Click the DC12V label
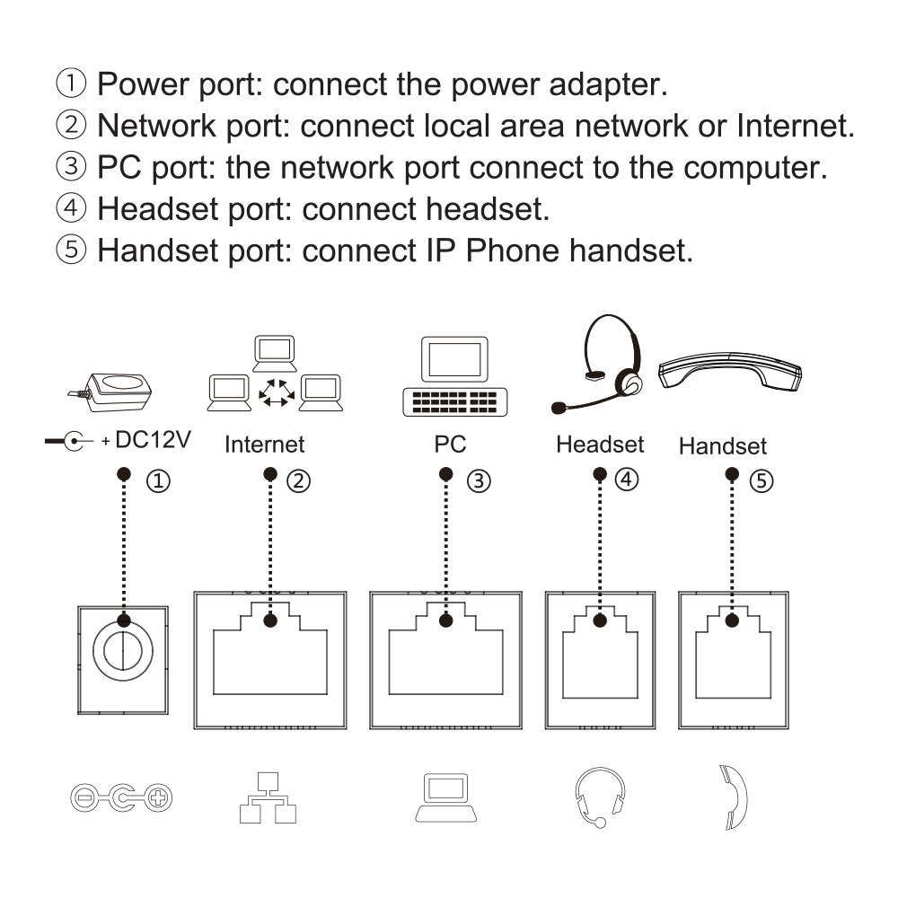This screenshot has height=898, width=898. click(x=153, y=440)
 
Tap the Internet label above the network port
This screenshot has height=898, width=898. click(x=265, y=445)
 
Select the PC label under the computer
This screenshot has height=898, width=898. click(x=450, y=445)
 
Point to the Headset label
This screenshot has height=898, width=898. click(x=600, y=445)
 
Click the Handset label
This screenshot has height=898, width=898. click(x=723, y=446)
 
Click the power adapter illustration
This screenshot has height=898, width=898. click(x=112, y=392)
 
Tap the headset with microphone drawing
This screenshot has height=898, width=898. click(x=598, y=364)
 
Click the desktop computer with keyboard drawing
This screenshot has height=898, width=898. click(x=454, y=376)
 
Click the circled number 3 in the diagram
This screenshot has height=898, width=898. click(x=479, y=481)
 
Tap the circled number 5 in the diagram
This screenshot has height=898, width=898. click(x=762, y=481)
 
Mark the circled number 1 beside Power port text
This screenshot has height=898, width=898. click(x=71, y=83)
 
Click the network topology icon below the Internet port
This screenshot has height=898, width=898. click(x=268, y=797)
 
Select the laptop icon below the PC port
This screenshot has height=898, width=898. click(x=446, y=797)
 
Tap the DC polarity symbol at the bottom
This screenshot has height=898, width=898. click(x=121, y=797)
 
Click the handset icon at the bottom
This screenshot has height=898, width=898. click(x=733, y=797)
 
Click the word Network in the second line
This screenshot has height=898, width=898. click(x=156, y=126)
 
